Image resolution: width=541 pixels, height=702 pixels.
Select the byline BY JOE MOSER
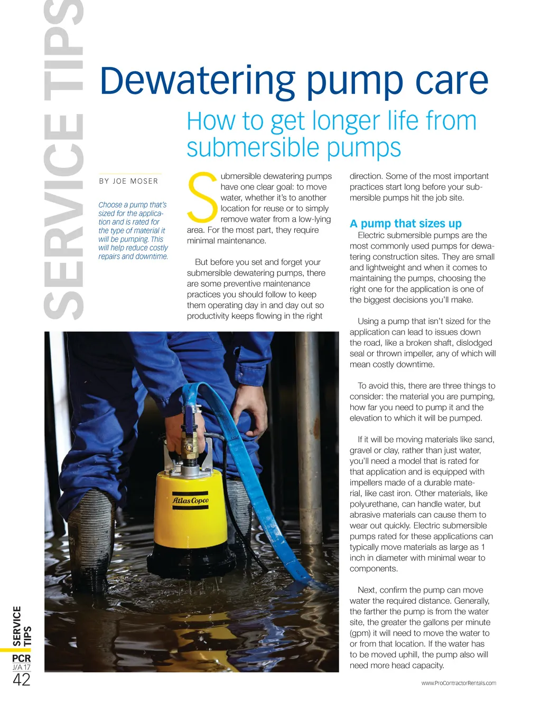pyautogui.click(x=128, y=181)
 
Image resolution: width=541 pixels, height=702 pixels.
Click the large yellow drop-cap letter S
pyautogui.click(x=202, y=197)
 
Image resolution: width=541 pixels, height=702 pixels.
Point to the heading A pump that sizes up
pyautogui.click(x=405, y=223)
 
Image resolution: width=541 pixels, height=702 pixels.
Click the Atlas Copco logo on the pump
pyautogui.click(x=191, y=500)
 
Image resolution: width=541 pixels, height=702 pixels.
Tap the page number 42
pyautogui.click(x=21, y=680)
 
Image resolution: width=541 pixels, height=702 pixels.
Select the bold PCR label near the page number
pyautogui.click(x=21, y=658)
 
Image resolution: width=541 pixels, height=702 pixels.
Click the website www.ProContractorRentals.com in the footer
pyautogui.click(x=459, y=683)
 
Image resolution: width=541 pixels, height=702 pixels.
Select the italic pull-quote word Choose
pyautogui.click(x=110, y=205)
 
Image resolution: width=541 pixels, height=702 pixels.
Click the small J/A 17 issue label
pyautogui.click(x=21, y=668)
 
